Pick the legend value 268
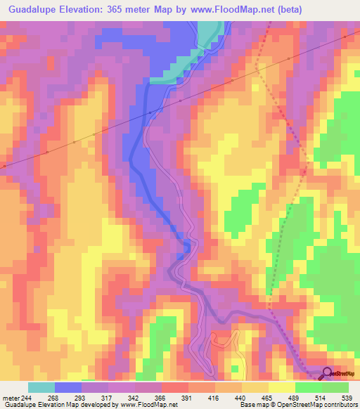[x=51, y=397]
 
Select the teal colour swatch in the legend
[x=41, y=387]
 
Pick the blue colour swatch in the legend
[x=67, y=387]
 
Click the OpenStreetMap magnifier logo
[x=326, y=374]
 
